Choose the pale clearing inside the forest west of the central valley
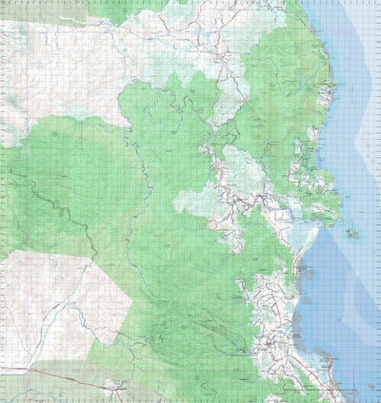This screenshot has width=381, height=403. pos(195,200)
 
